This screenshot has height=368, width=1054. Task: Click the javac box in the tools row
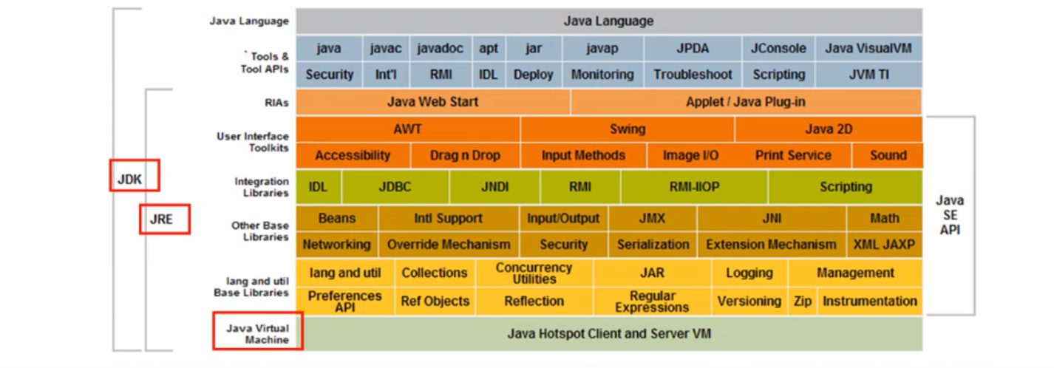tap(385, 48)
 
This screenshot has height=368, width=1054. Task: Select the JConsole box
tap(778, 48)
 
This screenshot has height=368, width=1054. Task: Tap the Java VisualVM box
tap(868, 48)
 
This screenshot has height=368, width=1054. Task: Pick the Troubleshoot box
tap(693, 75)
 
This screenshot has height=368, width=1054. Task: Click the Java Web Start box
tap(433, 102)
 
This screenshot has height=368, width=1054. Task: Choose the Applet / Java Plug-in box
tap(746, 102)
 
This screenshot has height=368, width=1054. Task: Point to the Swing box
tap(628, 129)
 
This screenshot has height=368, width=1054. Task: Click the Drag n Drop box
tap(465, 155)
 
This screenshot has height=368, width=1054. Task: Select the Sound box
tap(888, 155)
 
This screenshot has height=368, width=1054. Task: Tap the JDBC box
tap(395, 187)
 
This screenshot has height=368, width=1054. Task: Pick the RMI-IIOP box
tap(695, 187)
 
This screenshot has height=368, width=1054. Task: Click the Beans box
tap(337, 218)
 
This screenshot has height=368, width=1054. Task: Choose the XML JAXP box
tap(884, 245)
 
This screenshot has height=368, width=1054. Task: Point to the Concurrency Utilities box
tap(534, 273)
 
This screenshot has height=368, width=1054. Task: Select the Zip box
tap(803, 301)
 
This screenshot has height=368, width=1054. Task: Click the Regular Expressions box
tap(652, 301)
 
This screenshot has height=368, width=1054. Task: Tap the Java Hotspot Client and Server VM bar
tap(609, 334)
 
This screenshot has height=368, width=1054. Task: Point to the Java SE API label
tap(950, 215)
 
